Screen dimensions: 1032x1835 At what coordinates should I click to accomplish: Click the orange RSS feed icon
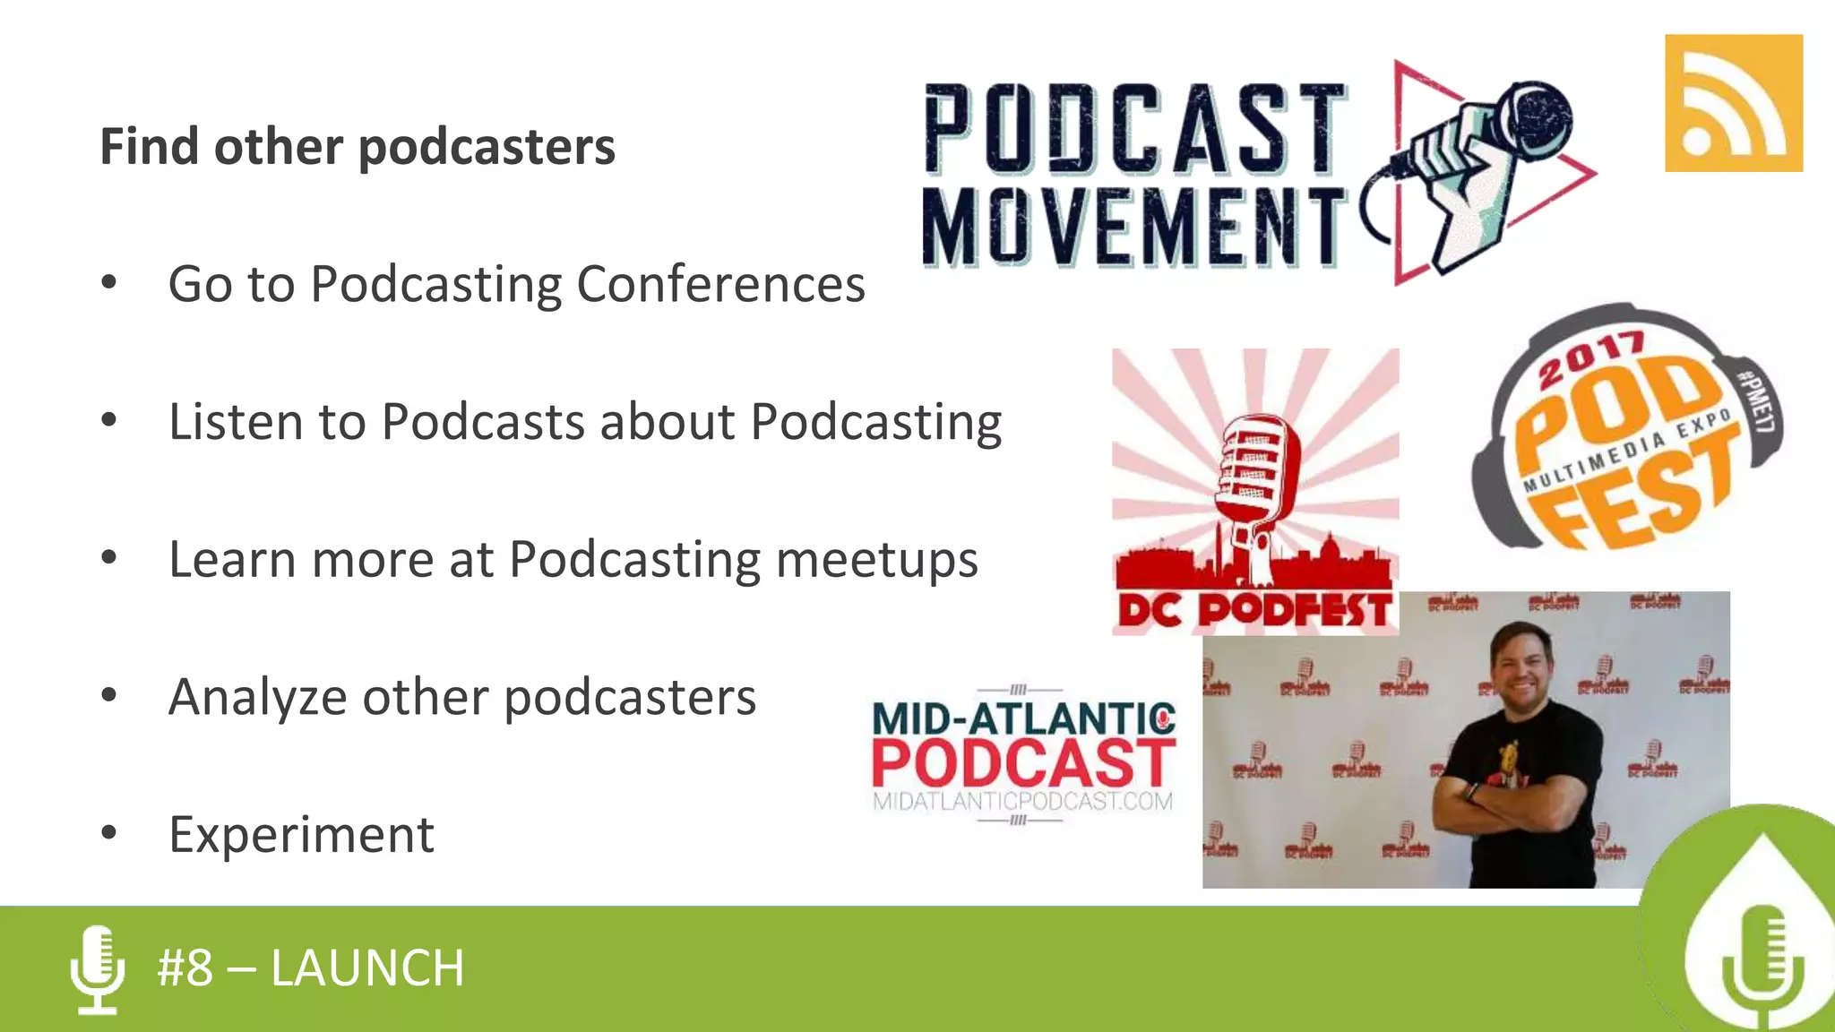pos(1733,103)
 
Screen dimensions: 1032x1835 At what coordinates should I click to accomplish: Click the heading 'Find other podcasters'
pos(358,147)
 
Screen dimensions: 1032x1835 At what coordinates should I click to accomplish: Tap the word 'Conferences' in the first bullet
pos(720,285)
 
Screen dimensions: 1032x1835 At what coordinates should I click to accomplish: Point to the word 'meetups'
pos(876,561)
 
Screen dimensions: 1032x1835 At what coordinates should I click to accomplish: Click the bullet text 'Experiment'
pos(301,835)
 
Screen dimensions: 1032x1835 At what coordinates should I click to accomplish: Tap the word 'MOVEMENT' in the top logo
pos(1133,228)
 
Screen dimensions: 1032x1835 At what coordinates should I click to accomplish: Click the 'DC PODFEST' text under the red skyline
pos(1254,611)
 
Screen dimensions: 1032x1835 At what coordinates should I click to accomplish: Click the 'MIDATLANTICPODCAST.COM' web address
pos(1022,801)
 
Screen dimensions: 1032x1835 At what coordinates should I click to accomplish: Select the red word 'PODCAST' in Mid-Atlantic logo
pos(1022,763)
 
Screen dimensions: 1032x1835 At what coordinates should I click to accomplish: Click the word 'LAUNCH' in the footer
pos(367,968)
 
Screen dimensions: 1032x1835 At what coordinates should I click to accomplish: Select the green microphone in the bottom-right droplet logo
pos(1762,963)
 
